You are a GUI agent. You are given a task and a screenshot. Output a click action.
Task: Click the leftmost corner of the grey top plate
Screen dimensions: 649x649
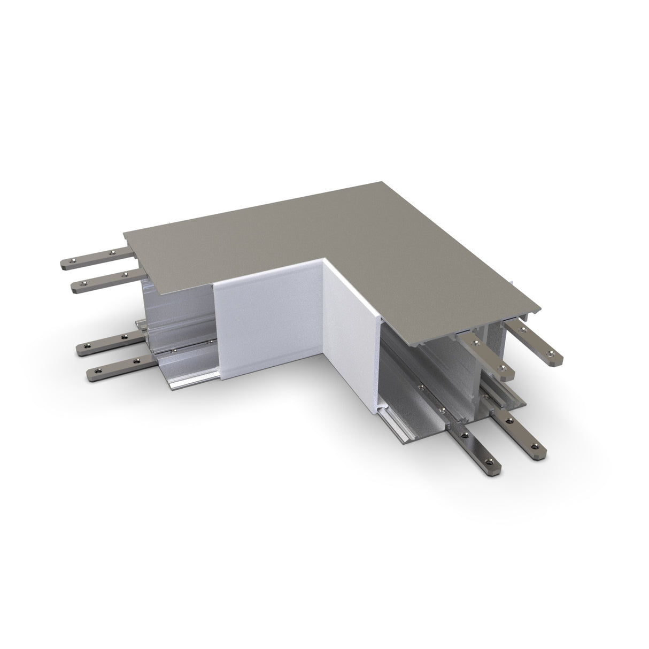125,234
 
